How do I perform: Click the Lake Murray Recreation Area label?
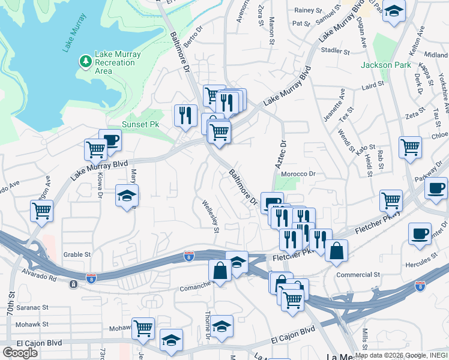click(x=118, y=62)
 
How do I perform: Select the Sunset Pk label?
click(x=140, y=124)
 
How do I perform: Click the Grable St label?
click(x=76, y=254)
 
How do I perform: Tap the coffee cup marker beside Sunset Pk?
click(x=110, y=141)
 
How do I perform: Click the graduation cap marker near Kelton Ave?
click(x=393, y=11)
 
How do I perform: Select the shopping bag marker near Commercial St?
click(x=337, y=250)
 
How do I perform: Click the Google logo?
click(x=20, y=352)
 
